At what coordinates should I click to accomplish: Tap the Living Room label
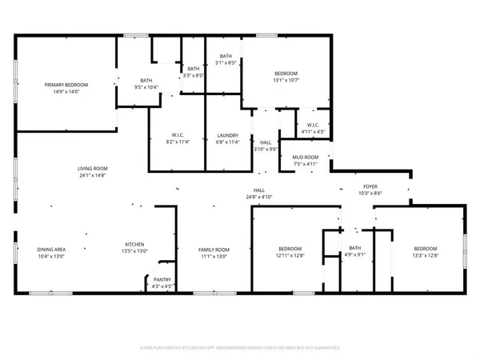pyautogui.click(x=92, y=172)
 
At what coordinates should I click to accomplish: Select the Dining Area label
pyautogui.click(x=51, y=254)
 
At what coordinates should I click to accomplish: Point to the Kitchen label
pyautogui.click(x=134, y=249)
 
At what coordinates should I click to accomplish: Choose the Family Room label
pyautogui.click(x=214, y=254)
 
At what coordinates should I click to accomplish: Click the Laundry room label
pyautogui.click(x=228, y=139)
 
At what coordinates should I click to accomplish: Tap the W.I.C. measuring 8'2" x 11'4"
pyautogui.click(x=178, y=139)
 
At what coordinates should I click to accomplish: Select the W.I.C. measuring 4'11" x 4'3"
pyautogui.click(x=312, y=129)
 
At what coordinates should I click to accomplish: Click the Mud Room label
pyautogui.click(x=306, y=160)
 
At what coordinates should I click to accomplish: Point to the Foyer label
pyautogui.click(x=370, y=190)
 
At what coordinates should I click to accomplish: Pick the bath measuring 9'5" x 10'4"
pyautogui.click(x=146, y=84)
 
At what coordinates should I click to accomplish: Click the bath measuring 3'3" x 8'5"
pyautogui.click(x=194, y=72)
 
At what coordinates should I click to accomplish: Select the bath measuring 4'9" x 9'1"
pyautogui.click(x=356, y=253)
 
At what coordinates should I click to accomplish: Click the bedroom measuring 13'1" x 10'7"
pyautogui.click(x=286, y=77)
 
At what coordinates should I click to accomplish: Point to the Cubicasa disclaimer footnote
pyautogui.click(x=240, y=348)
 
